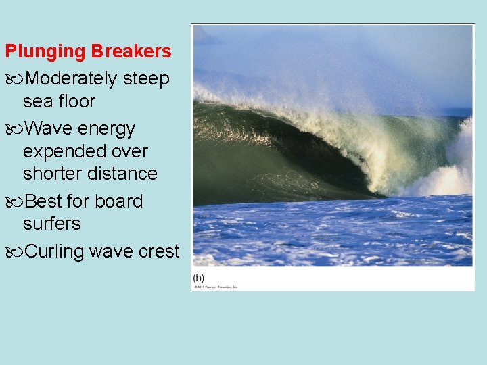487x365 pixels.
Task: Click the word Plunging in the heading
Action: click(46, 52)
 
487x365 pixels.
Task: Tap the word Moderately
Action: click(71, 79)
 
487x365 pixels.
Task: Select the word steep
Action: click(146, 79)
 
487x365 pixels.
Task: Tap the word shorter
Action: click(55, 174)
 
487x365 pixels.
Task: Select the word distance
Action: click(124, 174)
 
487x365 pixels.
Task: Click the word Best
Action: click(45, 201)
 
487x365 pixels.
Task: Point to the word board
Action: click(119, 201)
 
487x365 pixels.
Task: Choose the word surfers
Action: click(51, 224)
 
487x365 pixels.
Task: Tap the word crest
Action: click(161, 251)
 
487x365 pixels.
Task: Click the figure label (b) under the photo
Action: click(199, 278)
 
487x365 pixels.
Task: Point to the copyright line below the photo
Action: click(216, 287)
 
